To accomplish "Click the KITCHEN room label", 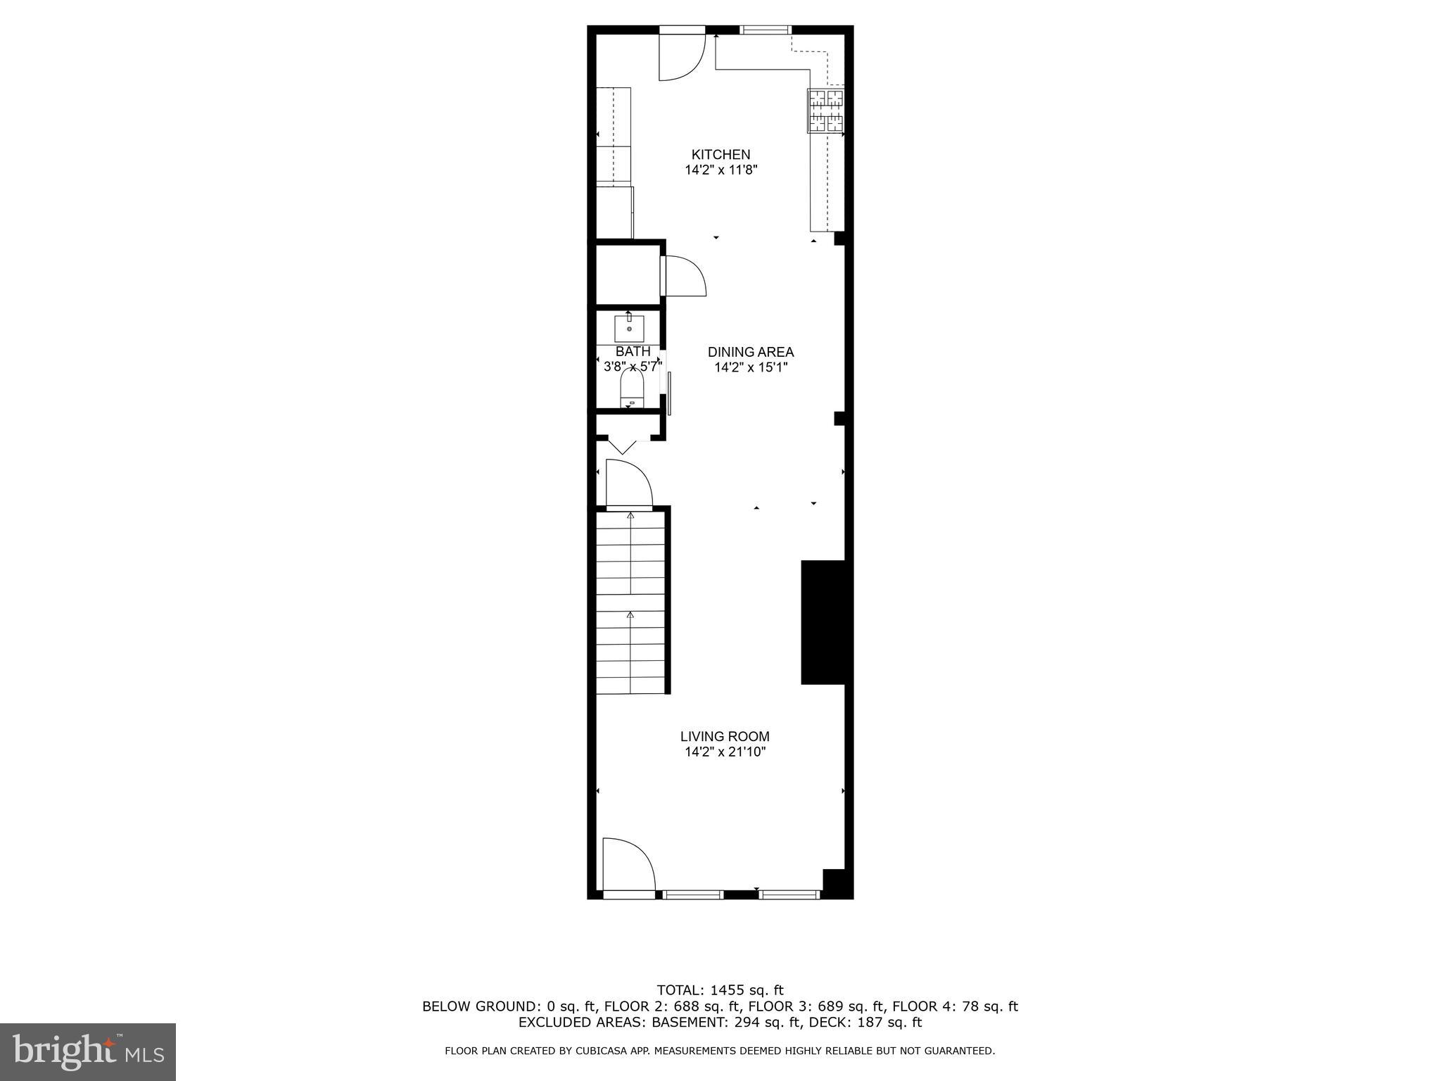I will (x=720, y=154).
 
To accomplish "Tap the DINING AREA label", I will (x=750, y=352).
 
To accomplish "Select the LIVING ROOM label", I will (x=725, y=736).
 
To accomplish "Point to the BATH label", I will (x=633, y=351).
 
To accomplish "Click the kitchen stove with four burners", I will (x=825, y=110).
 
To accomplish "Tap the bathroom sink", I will (x=629, y=328).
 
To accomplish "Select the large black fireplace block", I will (x=823, y=622).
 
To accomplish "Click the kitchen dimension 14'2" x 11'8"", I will (x=720, y=170).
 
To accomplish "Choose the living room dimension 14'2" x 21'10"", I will (x=725, y=752).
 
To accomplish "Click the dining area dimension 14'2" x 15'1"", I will (x=750, y=367).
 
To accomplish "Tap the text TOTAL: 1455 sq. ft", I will (x=720, y=991).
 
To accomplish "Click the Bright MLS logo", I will (x=88, y=1051).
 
